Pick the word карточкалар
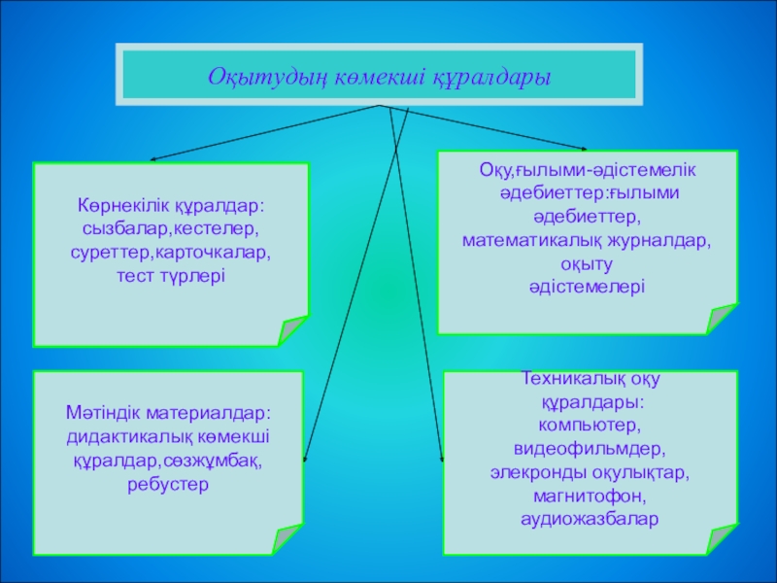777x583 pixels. click(x=219, y=253)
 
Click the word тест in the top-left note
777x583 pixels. click(x=132, y=275)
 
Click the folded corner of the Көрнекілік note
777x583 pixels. click(x=292, y=331)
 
